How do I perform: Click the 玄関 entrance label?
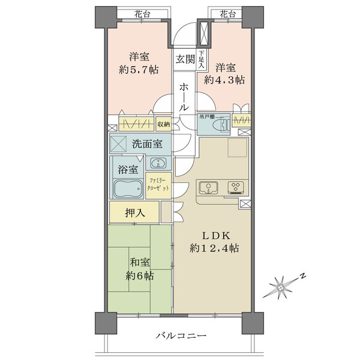(x=185, y=59)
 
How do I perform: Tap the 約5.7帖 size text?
(x=138, y=70)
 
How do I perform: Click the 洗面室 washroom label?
(x=147, y=144)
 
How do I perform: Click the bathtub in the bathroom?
(x=127, y=190)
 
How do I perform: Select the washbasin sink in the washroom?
(x=157, y=163)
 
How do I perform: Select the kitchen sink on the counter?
(x=207, y=188)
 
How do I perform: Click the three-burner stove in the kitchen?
(x=235, y=188)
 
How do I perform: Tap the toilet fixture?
(x=220, y=124)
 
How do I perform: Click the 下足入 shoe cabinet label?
(x=202, y=59)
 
